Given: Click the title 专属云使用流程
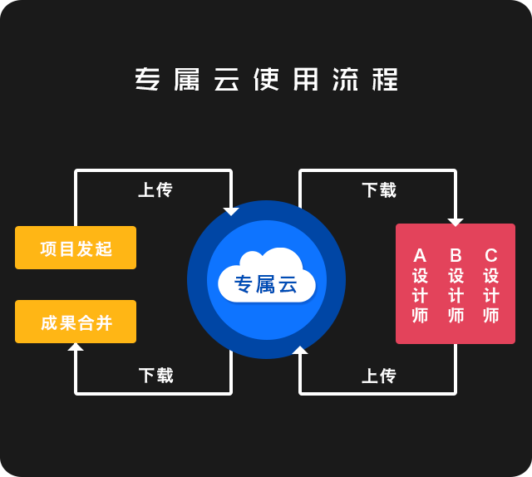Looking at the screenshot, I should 266,80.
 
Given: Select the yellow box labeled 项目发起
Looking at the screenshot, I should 76,248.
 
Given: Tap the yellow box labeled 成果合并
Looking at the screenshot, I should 76,322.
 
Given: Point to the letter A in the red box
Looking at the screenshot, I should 420,255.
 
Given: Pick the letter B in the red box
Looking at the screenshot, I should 456,255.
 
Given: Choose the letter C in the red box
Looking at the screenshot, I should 491,255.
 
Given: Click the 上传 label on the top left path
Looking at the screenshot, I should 155,190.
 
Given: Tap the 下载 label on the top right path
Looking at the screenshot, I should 379,190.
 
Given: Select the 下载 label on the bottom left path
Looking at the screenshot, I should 155,376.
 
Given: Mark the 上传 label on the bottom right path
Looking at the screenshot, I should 379,376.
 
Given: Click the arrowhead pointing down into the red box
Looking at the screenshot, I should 456,222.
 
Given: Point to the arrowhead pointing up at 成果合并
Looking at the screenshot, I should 76,347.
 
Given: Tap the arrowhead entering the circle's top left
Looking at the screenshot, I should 231,211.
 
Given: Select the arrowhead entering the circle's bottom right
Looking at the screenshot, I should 300,350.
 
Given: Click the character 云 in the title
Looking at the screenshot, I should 226,80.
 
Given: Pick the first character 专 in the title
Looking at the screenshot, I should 147,80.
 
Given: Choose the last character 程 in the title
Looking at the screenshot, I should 385,80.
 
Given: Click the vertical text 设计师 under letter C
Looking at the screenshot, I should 491,296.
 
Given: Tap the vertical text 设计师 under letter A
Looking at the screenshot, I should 420,296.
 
